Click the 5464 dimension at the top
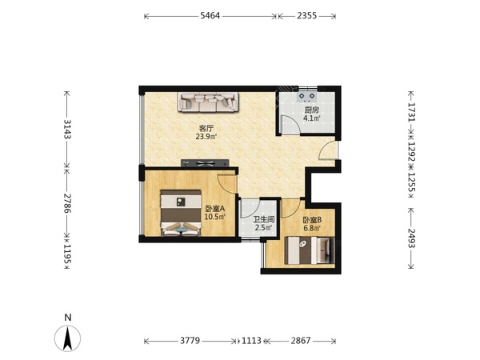tap(210, 16)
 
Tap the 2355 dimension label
tap(306, 16)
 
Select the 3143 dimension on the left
tap(67, 129)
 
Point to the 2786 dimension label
tap(67, 203)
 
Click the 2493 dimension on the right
tap(411, 238)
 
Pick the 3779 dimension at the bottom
tap(190, 341)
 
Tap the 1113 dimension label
tap(251, 341)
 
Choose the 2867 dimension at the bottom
tap(301, 341)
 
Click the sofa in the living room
tap(208, 102)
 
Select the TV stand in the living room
tap(205, 163)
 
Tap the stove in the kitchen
tap(307, 97)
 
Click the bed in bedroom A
tap(181, 213)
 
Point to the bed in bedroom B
tap(310, 250)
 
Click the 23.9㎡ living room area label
tap(206, 137)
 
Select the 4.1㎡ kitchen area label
tap(312, 118)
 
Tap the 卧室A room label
tap(215, 209)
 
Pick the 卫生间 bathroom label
tap(263, 219)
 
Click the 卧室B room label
tap(312, 220)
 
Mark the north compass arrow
tap(68, 338)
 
